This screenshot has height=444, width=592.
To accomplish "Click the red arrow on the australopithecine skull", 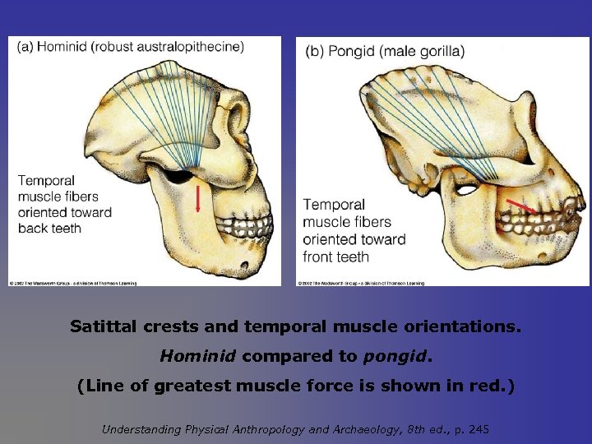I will [198, 198].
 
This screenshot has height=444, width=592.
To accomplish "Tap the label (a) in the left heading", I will [24, 47].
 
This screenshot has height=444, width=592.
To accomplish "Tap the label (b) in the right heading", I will [315, 51].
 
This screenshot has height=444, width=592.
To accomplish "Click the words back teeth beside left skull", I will [49, 228].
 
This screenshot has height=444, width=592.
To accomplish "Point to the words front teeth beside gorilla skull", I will [335, 257].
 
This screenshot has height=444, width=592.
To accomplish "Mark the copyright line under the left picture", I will [73, 284].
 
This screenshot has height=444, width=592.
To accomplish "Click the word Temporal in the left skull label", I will [46, 181].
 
